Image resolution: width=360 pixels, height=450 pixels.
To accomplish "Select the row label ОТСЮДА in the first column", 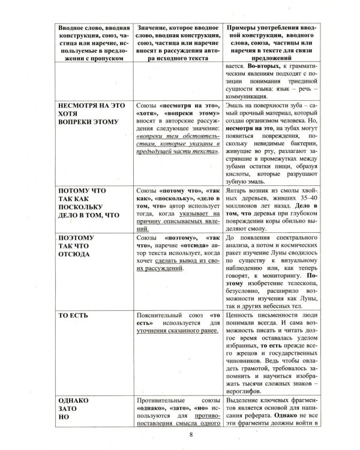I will pos(74,254).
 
